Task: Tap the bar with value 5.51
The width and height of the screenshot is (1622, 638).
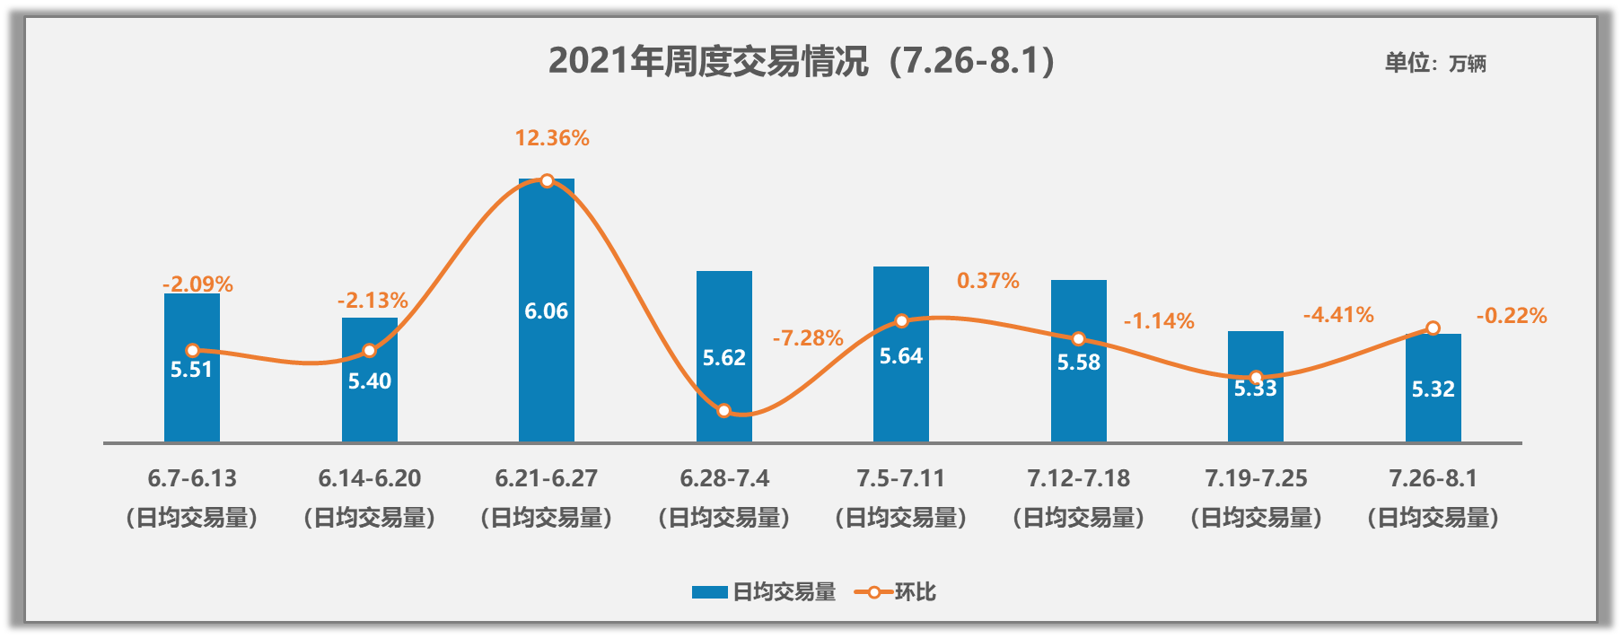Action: coord(191,395)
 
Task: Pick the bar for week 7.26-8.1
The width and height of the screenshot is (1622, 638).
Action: coord(1433,404)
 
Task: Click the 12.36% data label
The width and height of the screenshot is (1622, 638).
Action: coord(551,138)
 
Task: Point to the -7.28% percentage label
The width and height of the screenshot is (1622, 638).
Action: coord(808,338)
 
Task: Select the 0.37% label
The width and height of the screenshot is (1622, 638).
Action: coord(987,281)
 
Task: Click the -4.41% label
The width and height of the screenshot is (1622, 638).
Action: coord(1337,315)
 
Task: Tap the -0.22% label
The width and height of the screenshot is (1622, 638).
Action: coord(1512,316)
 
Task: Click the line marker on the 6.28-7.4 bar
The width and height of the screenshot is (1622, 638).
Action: coord(724,411)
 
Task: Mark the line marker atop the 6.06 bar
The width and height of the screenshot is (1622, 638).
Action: coord(547,180)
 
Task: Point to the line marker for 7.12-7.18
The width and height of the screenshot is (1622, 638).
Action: coord(1078,339)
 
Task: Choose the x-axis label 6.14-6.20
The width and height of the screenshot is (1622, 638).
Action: coord(369,478)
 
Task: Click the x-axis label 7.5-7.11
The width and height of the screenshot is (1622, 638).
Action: coord(900,478)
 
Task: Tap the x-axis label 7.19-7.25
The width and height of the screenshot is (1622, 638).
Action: coord(1255,478)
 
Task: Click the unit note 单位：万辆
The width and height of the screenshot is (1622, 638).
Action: coord(1434,63)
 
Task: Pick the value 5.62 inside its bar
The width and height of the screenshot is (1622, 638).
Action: coord(723,358)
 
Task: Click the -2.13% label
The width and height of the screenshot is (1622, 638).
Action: coord(373,301)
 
